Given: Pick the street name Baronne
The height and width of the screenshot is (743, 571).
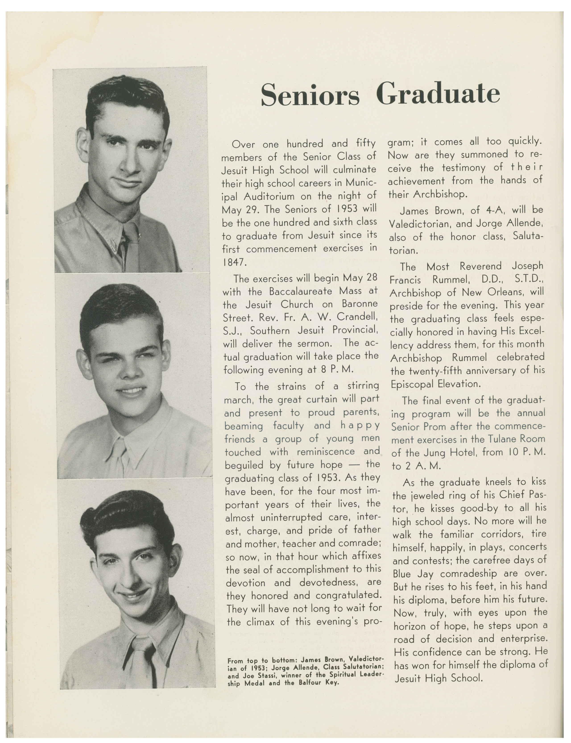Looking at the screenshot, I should pyautogui.click(x=359, y=304).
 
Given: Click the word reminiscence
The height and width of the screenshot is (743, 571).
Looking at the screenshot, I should pyautogui.click(x=326, y=452).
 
